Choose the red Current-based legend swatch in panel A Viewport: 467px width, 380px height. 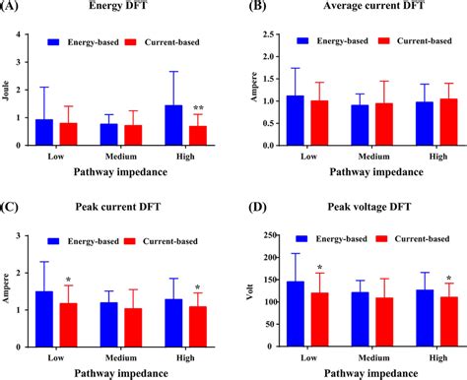135,42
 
